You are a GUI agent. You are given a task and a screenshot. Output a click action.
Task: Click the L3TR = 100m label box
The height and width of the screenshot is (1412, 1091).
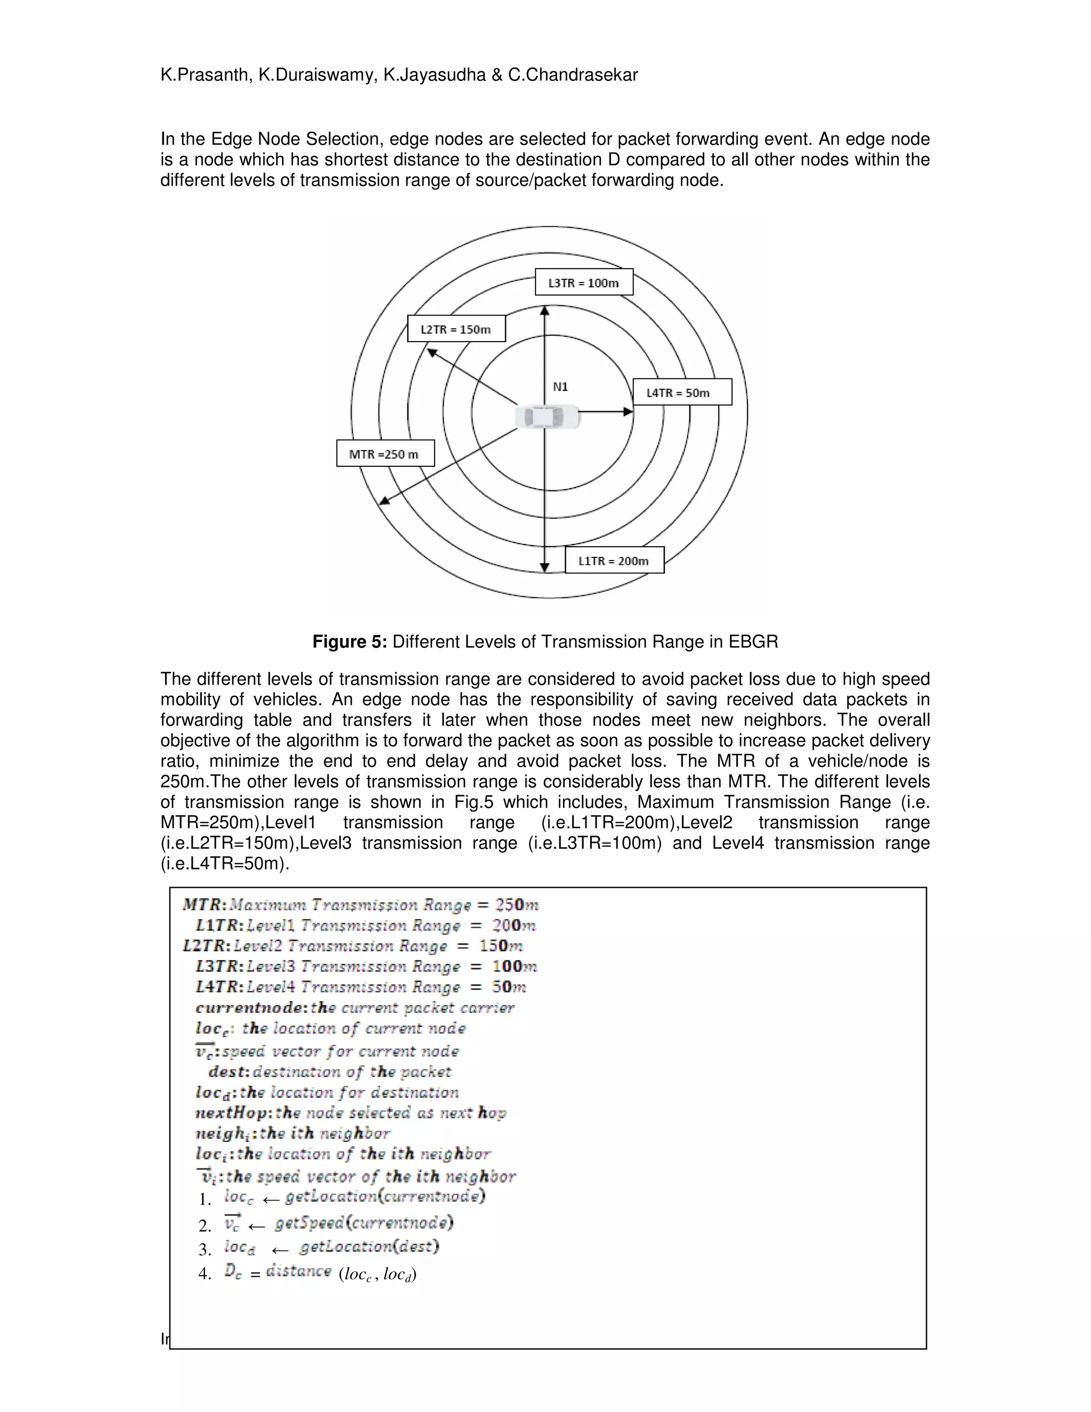click(584, 282)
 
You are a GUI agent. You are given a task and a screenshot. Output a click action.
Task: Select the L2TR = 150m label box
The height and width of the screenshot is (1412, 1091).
click(457, 329)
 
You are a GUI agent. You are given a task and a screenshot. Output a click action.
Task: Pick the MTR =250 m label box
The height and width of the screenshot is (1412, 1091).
click(385, 454)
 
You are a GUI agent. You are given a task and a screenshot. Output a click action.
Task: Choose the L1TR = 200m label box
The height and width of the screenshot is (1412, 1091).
click(614, 561)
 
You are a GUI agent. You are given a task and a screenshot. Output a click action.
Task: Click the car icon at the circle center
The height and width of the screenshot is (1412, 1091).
click(548, 417)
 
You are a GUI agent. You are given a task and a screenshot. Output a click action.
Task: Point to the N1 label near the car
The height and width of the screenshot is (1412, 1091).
click(560, 387)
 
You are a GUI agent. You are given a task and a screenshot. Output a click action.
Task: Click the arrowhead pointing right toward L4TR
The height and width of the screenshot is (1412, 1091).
click(628, 411)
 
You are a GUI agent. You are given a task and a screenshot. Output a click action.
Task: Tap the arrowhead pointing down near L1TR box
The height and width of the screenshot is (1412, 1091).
click(545, 567)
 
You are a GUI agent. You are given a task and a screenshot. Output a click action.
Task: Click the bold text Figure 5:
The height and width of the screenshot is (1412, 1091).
click(349, 642)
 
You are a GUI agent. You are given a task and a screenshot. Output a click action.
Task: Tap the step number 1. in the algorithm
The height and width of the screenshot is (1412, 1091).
click(205, 1200)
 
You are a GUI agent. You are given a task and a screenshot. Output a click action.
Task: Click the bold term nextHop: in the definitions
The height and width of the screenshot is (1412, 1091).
click(233, 1113)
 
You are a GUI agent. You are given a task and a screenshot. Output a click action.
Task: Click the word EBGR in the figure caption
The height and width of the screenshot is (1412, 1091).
click(754, 642)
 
